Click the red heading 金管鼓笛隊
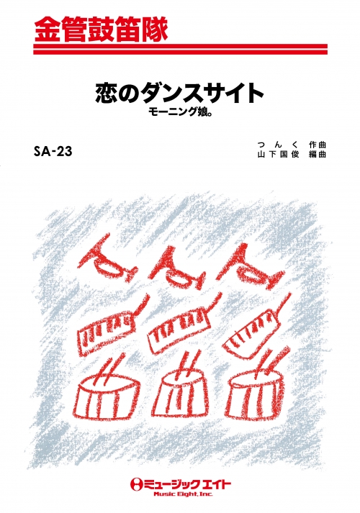(101, 29)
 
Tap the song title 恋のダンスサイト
(180, 94)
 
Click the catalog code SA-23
(53, 151)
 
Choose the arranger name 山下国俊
(278, 155)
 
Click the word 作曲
(318, 145)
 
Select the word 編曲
(318, 155)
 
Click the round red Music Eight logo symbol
(135, 484)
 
